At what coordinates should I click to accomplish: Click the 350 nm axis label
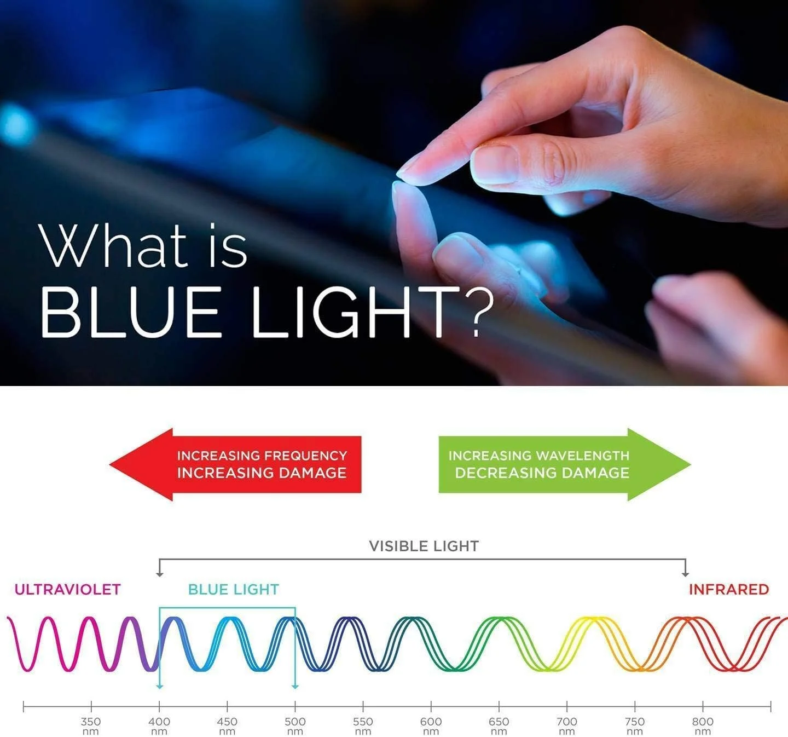(x=91, y=726)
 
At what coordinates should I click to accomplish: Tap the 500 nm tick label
(x=295, y=726)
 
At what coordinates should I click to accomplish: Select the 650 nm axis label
(x=499, y=726)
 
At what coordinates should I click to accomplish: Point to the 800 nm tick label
(x=703, y=726)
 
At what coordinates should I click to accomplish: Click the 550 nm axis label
(x=363, y=726)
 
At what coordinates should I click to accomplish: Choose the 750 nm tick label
(x=635, y=726)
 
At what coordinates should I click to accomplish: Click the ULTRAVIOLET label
(x=67, y=590)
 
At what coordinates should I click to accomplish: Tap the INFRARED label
(x=729, y=590)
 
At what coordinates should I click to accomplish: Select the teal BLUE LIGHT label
(x=234, y=590)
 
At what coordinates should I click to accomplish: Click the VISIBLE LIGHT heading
(x=424, y=546)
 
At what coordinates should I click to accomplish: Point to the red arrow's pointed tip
(x=110, y=465)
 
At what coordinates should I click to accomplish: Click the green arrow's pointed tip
(x=691, y=465)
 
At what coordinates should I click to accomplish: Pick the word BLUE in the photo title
(x=131, y=313)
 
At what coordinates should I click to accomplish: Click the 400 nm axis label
(x=159, y=726)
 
